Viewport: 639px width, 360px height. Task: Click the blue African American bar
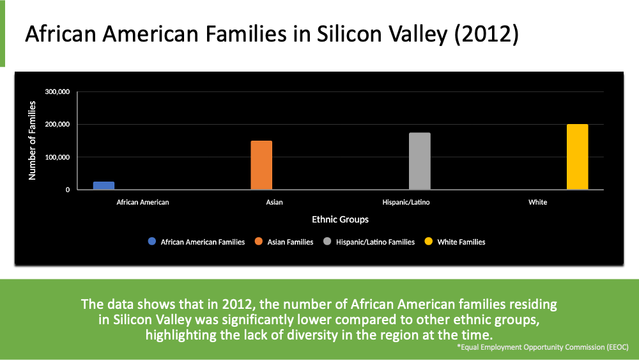point(104,185)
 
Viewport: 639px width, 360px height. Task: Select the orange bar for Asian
point(261,165)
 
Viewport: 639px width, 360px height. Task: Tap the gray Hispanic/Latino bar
point(420,161)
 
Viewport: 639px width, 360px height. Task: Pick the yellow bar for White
point(577,157)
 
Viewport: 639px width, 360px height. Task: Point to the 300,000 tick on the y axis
point(58,92)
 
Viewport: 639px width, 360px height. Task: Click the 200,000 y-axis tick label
point(58,125)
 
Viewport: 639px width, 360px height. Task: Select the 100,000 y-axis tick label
point(58,157)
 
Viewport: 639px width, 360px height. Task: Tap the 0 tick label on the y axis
point(66,190)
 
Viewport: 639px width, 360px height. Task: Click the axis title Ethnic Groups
point(340,219)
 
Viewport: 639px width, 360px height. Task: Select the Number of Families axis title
point(32,140)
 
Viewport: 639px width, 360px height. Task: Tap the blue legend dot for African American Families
point(152,242)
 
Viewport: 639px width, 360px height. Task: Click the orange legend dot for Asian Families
point(259,242)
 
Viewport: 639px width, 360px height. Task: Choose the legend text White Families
point(461,242)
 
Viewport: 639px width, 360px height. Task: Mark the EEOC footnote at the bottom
point(543,347)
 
